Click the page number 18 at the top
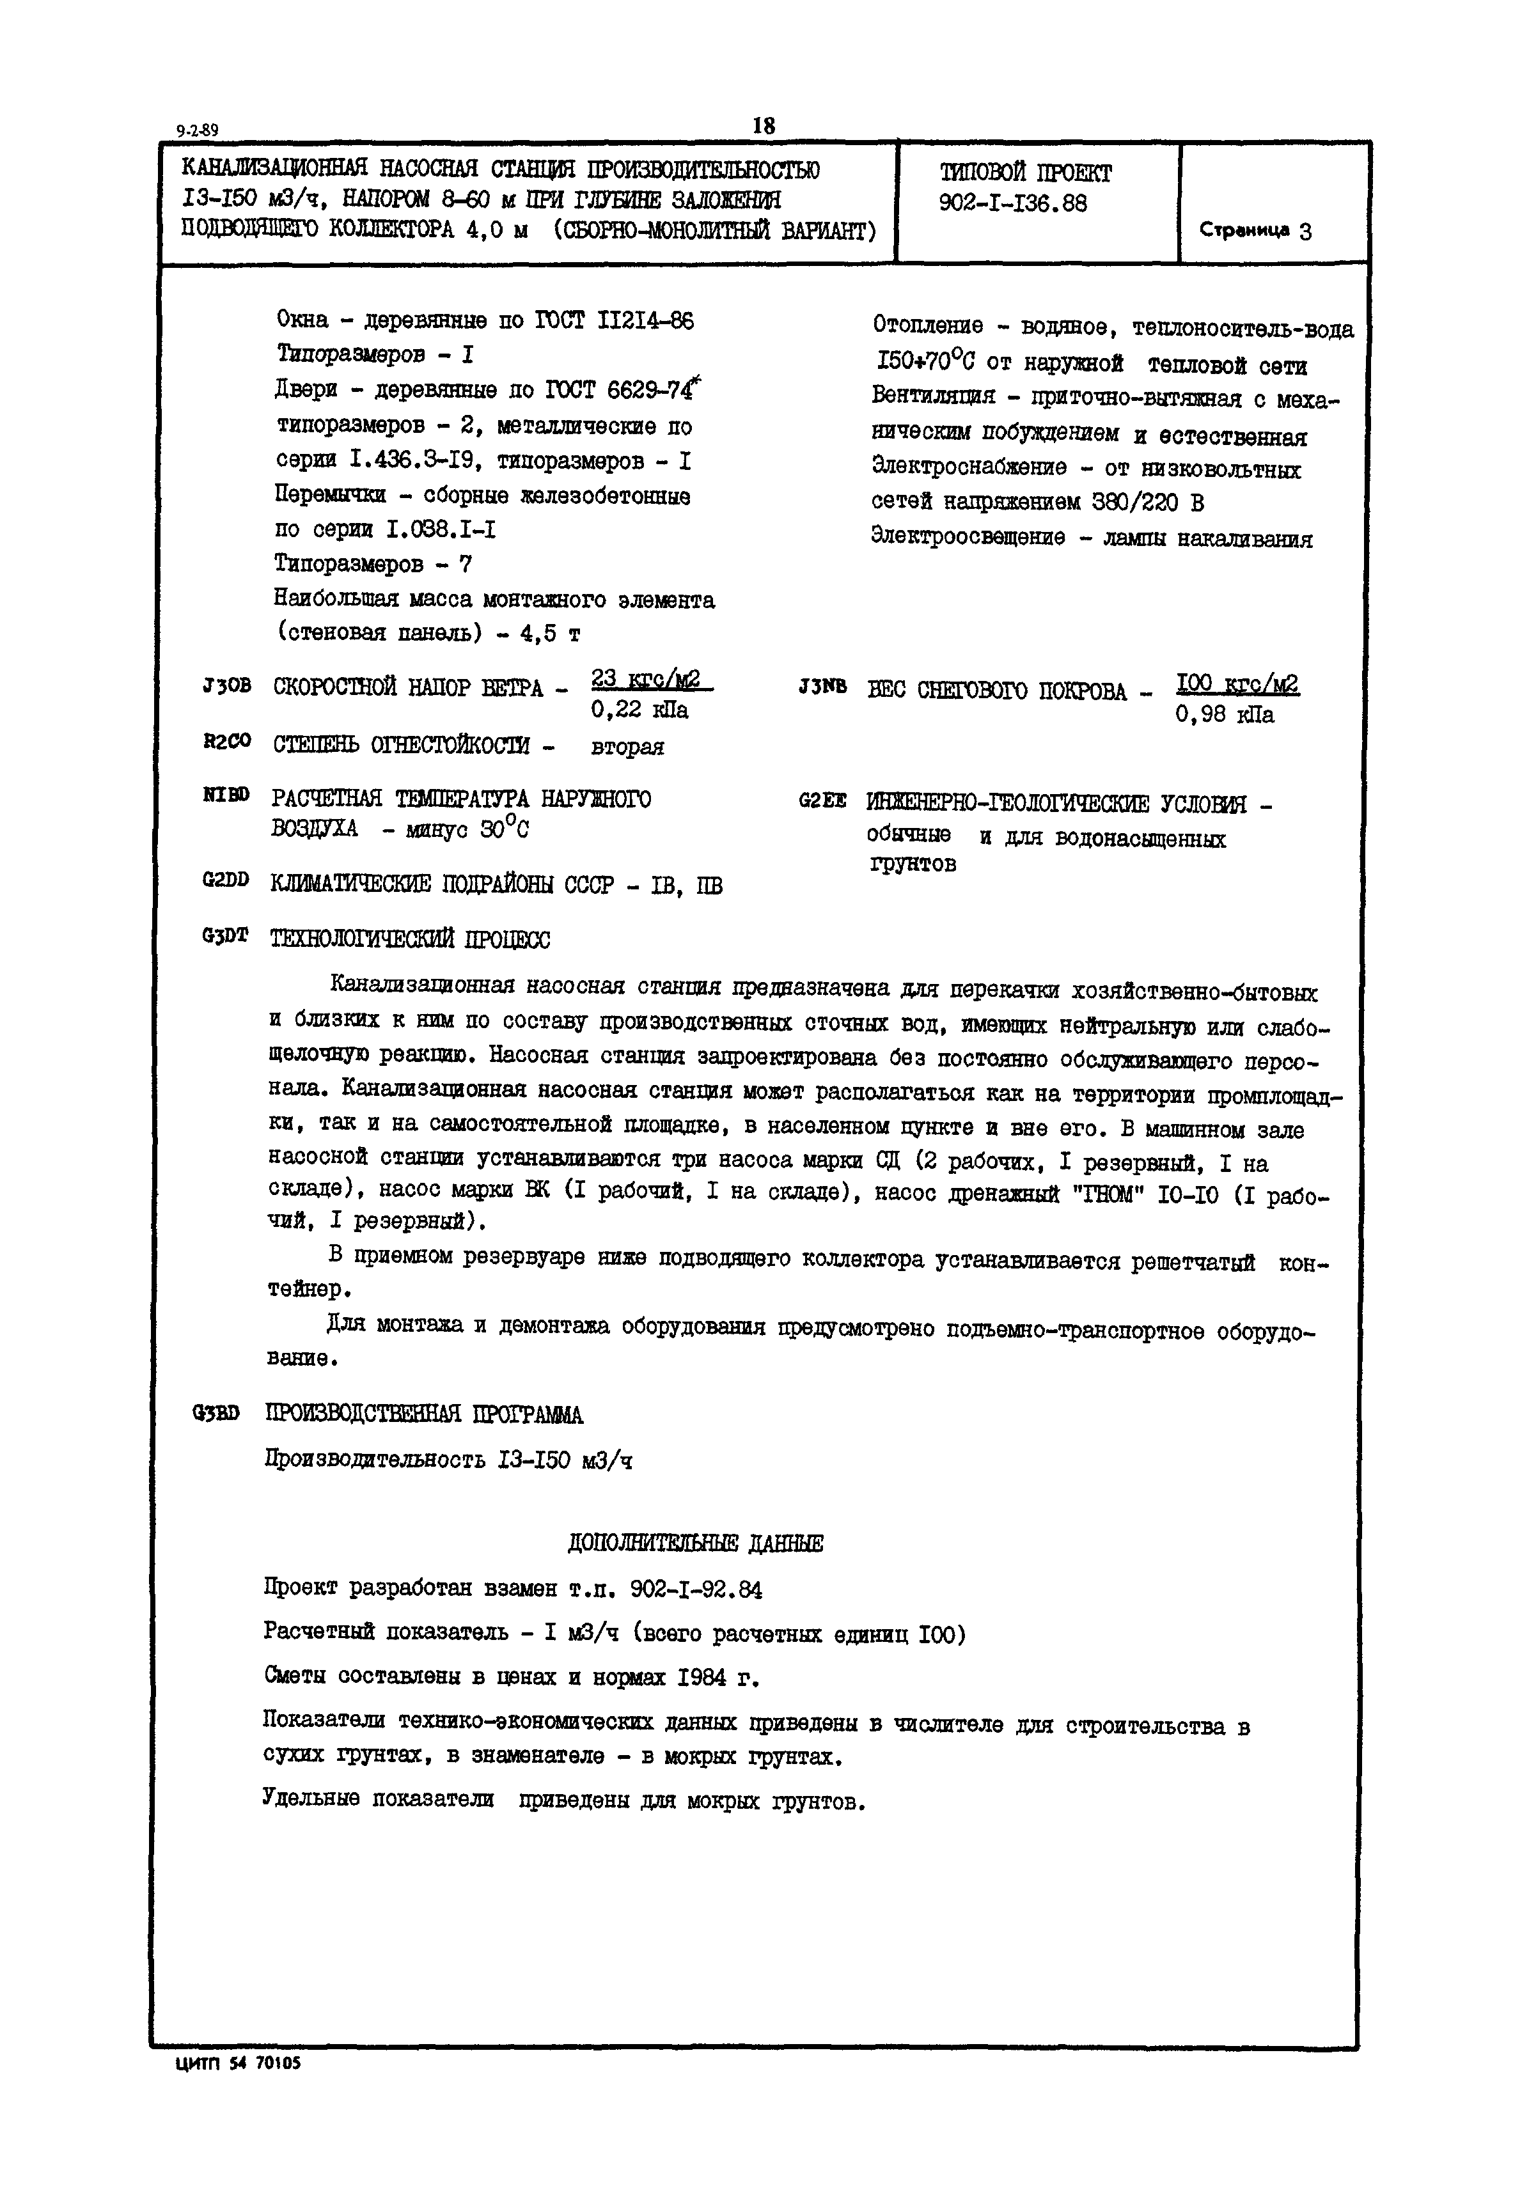[764, 125]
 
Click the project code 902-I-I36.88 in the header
[1013, 204]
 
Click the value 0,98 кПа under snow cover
[1225, 715]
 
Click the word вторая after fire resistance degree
[627, 746]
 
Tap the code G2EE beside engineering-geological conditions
[821, 800]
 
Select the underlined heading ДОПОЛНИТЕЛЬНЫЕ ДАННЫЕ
[696, 1543]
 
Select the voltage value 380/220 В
[1148, 503]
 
